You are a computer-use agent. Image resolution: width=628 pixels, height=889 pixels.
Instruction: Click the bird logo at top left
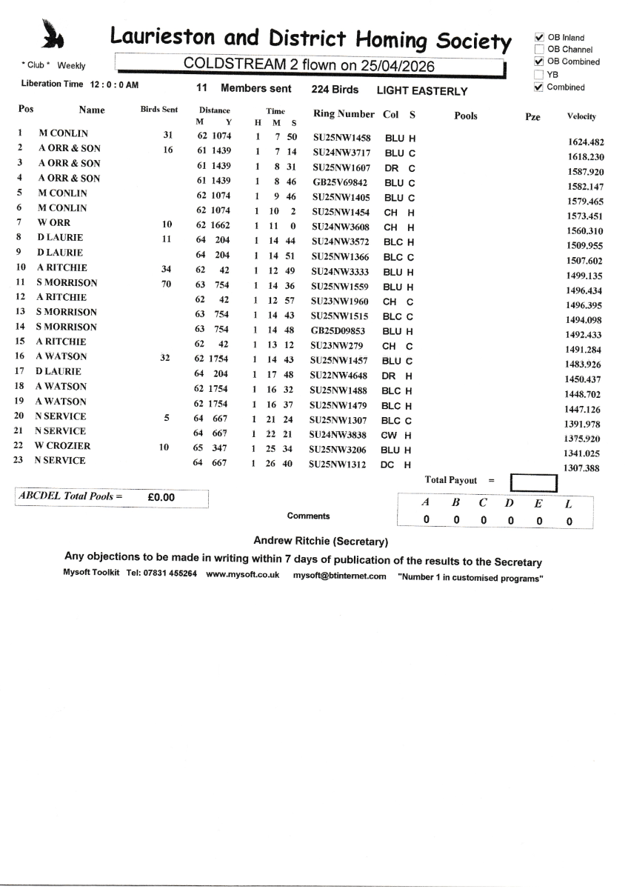point(53,33)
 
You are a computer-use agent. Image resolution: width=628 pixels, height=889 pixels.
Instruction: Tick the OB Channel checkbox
point(539,50)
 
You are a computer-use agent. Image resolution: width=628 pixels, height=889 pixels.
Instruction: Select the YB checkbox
point(539,75)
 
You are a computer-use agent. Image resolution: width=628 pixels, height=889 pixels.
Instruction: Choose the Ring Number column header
point(345,115)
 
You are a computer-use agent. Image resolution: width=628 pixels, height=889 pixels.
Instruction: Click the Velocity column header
point(581,116)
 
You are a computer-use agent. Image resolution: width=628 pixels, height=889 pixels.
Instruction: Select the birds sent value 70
point(167,283)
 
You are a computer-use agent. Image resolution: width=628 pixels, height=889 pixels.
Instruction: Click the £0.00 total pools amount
point(161,498)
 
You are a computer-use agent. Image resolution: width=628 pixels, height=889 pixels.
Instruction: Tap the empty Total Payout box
point(533,483)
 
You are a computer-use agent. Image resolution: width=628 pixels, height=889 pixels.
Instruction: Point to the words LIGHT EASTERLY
point(422,91)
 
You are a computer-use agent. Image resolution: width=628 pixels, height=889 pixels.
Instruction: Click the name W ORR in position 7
point(51,223)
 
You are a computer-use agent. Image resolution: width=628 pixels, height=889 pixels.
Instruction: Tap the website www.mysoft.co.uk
point(242,576)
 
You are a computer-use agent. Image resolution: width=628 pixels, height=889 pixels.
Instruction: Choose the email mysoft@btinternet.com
point(340,576)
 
